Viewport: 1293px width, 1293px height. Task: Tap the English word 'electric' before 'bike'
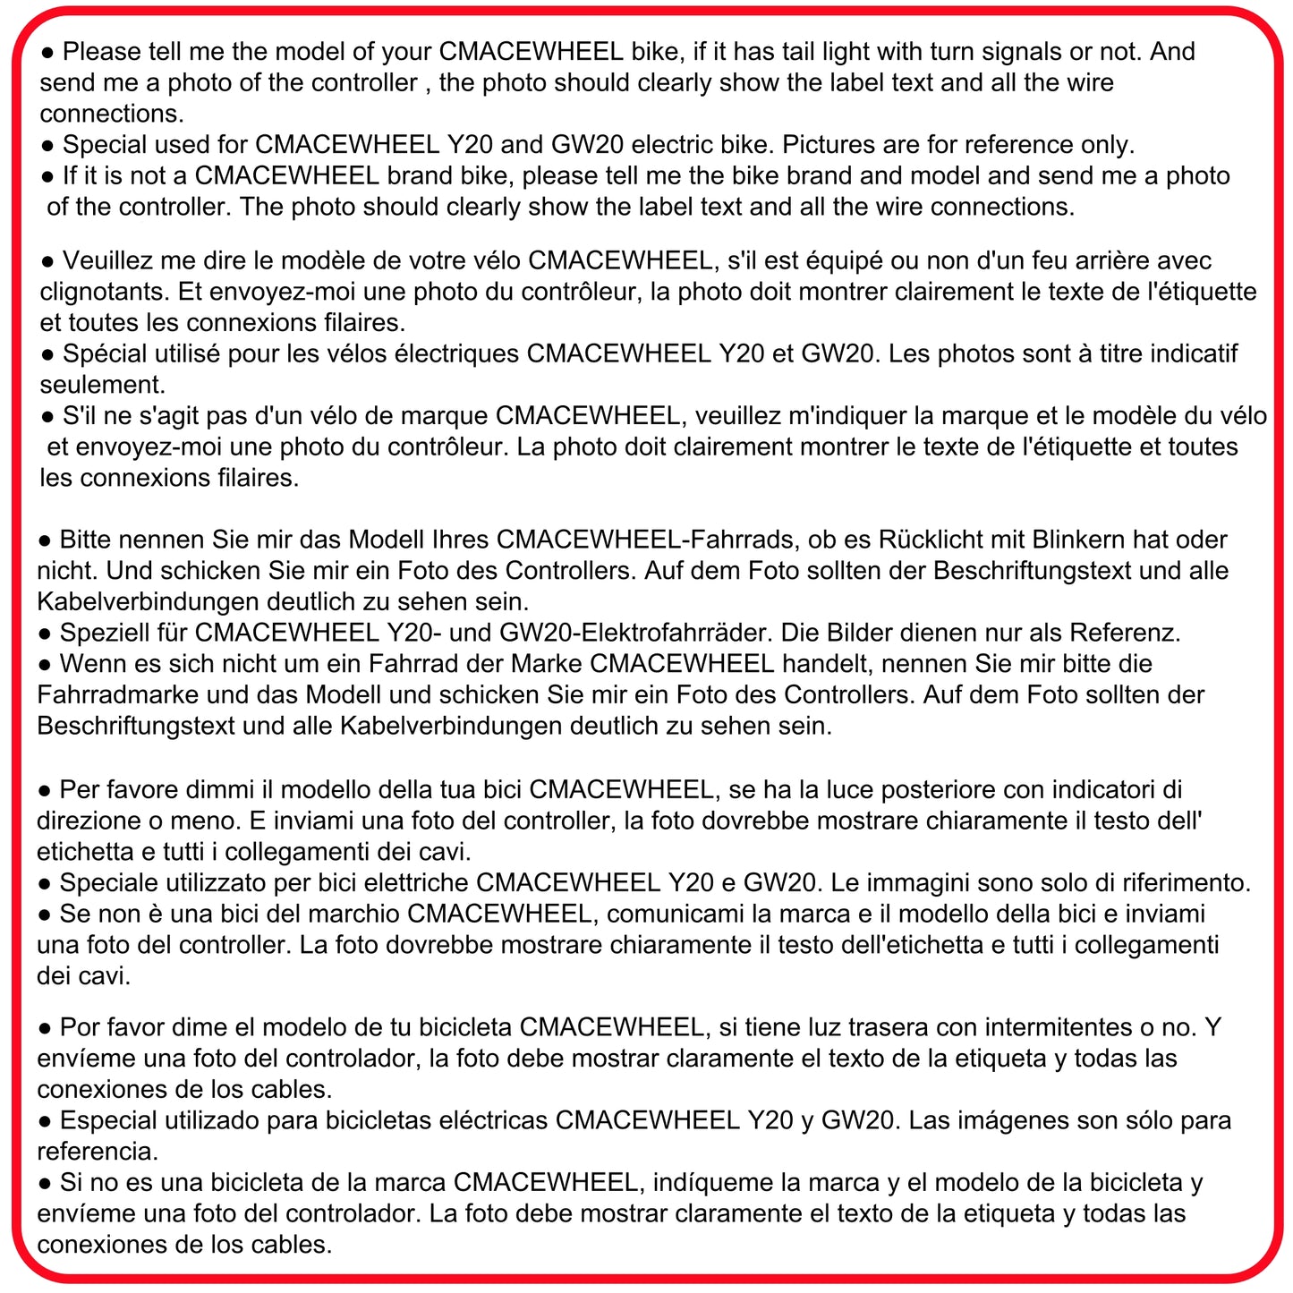[x=651, y=145]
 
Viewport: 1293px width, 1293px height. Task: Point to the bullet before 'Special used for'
[x=47, y=146]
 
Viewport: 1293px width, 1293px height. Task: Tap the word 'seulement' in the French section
[x=99, y=385]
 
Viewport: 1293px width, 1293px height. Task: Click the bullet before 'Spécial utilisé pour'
[x=47, y=355]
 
